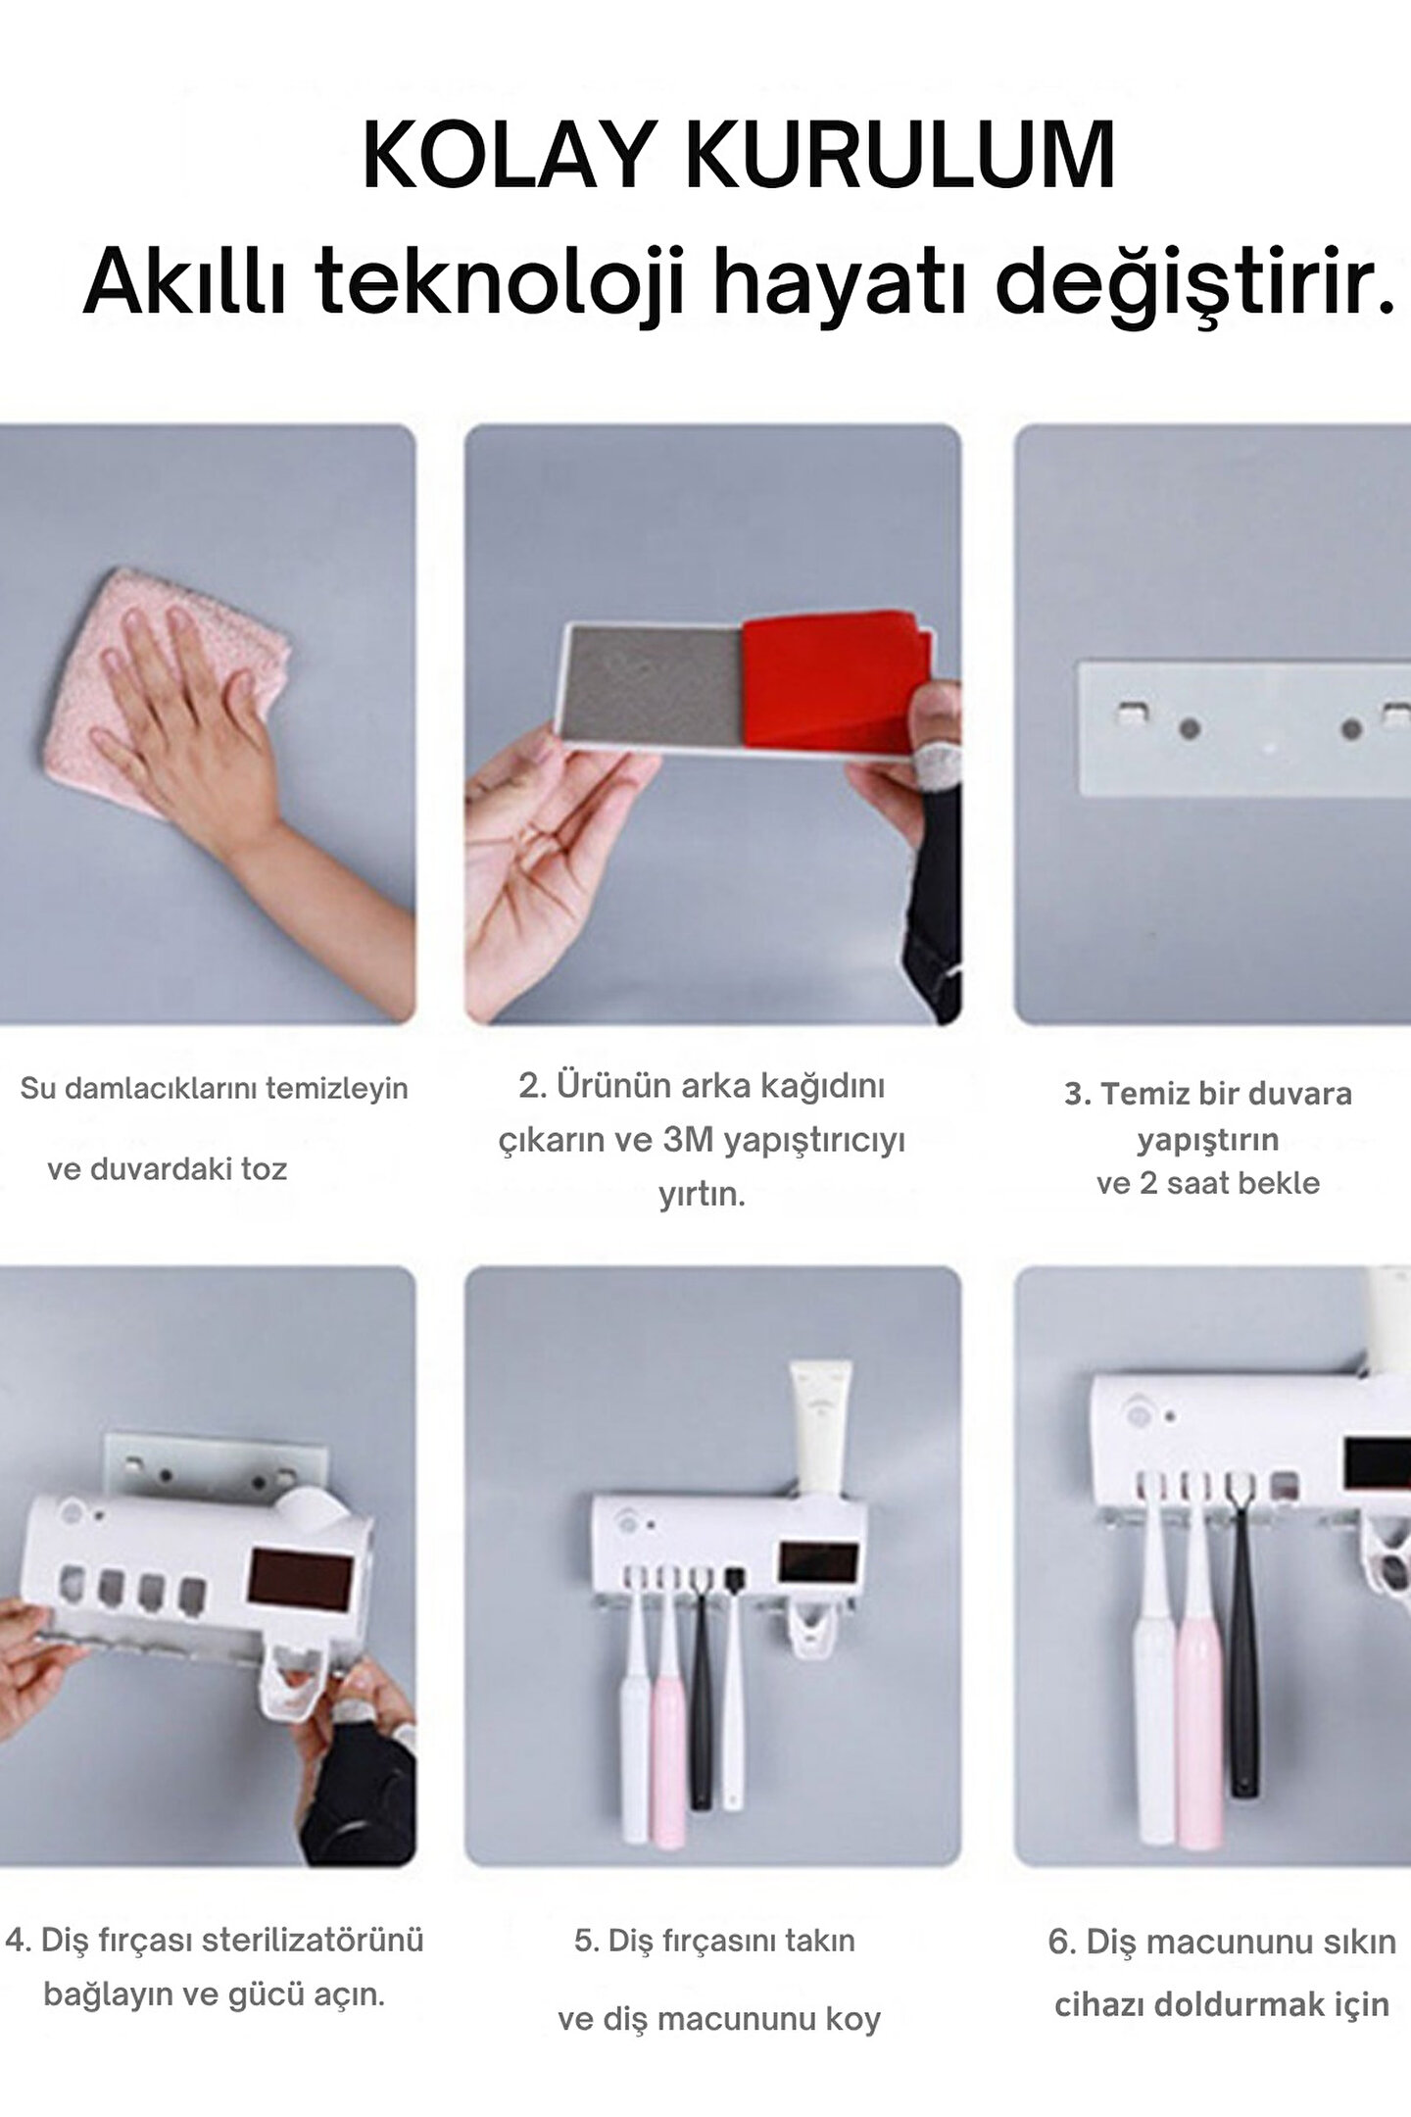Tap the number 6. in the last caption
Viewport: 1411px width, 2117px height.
coord(1063,1943)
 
